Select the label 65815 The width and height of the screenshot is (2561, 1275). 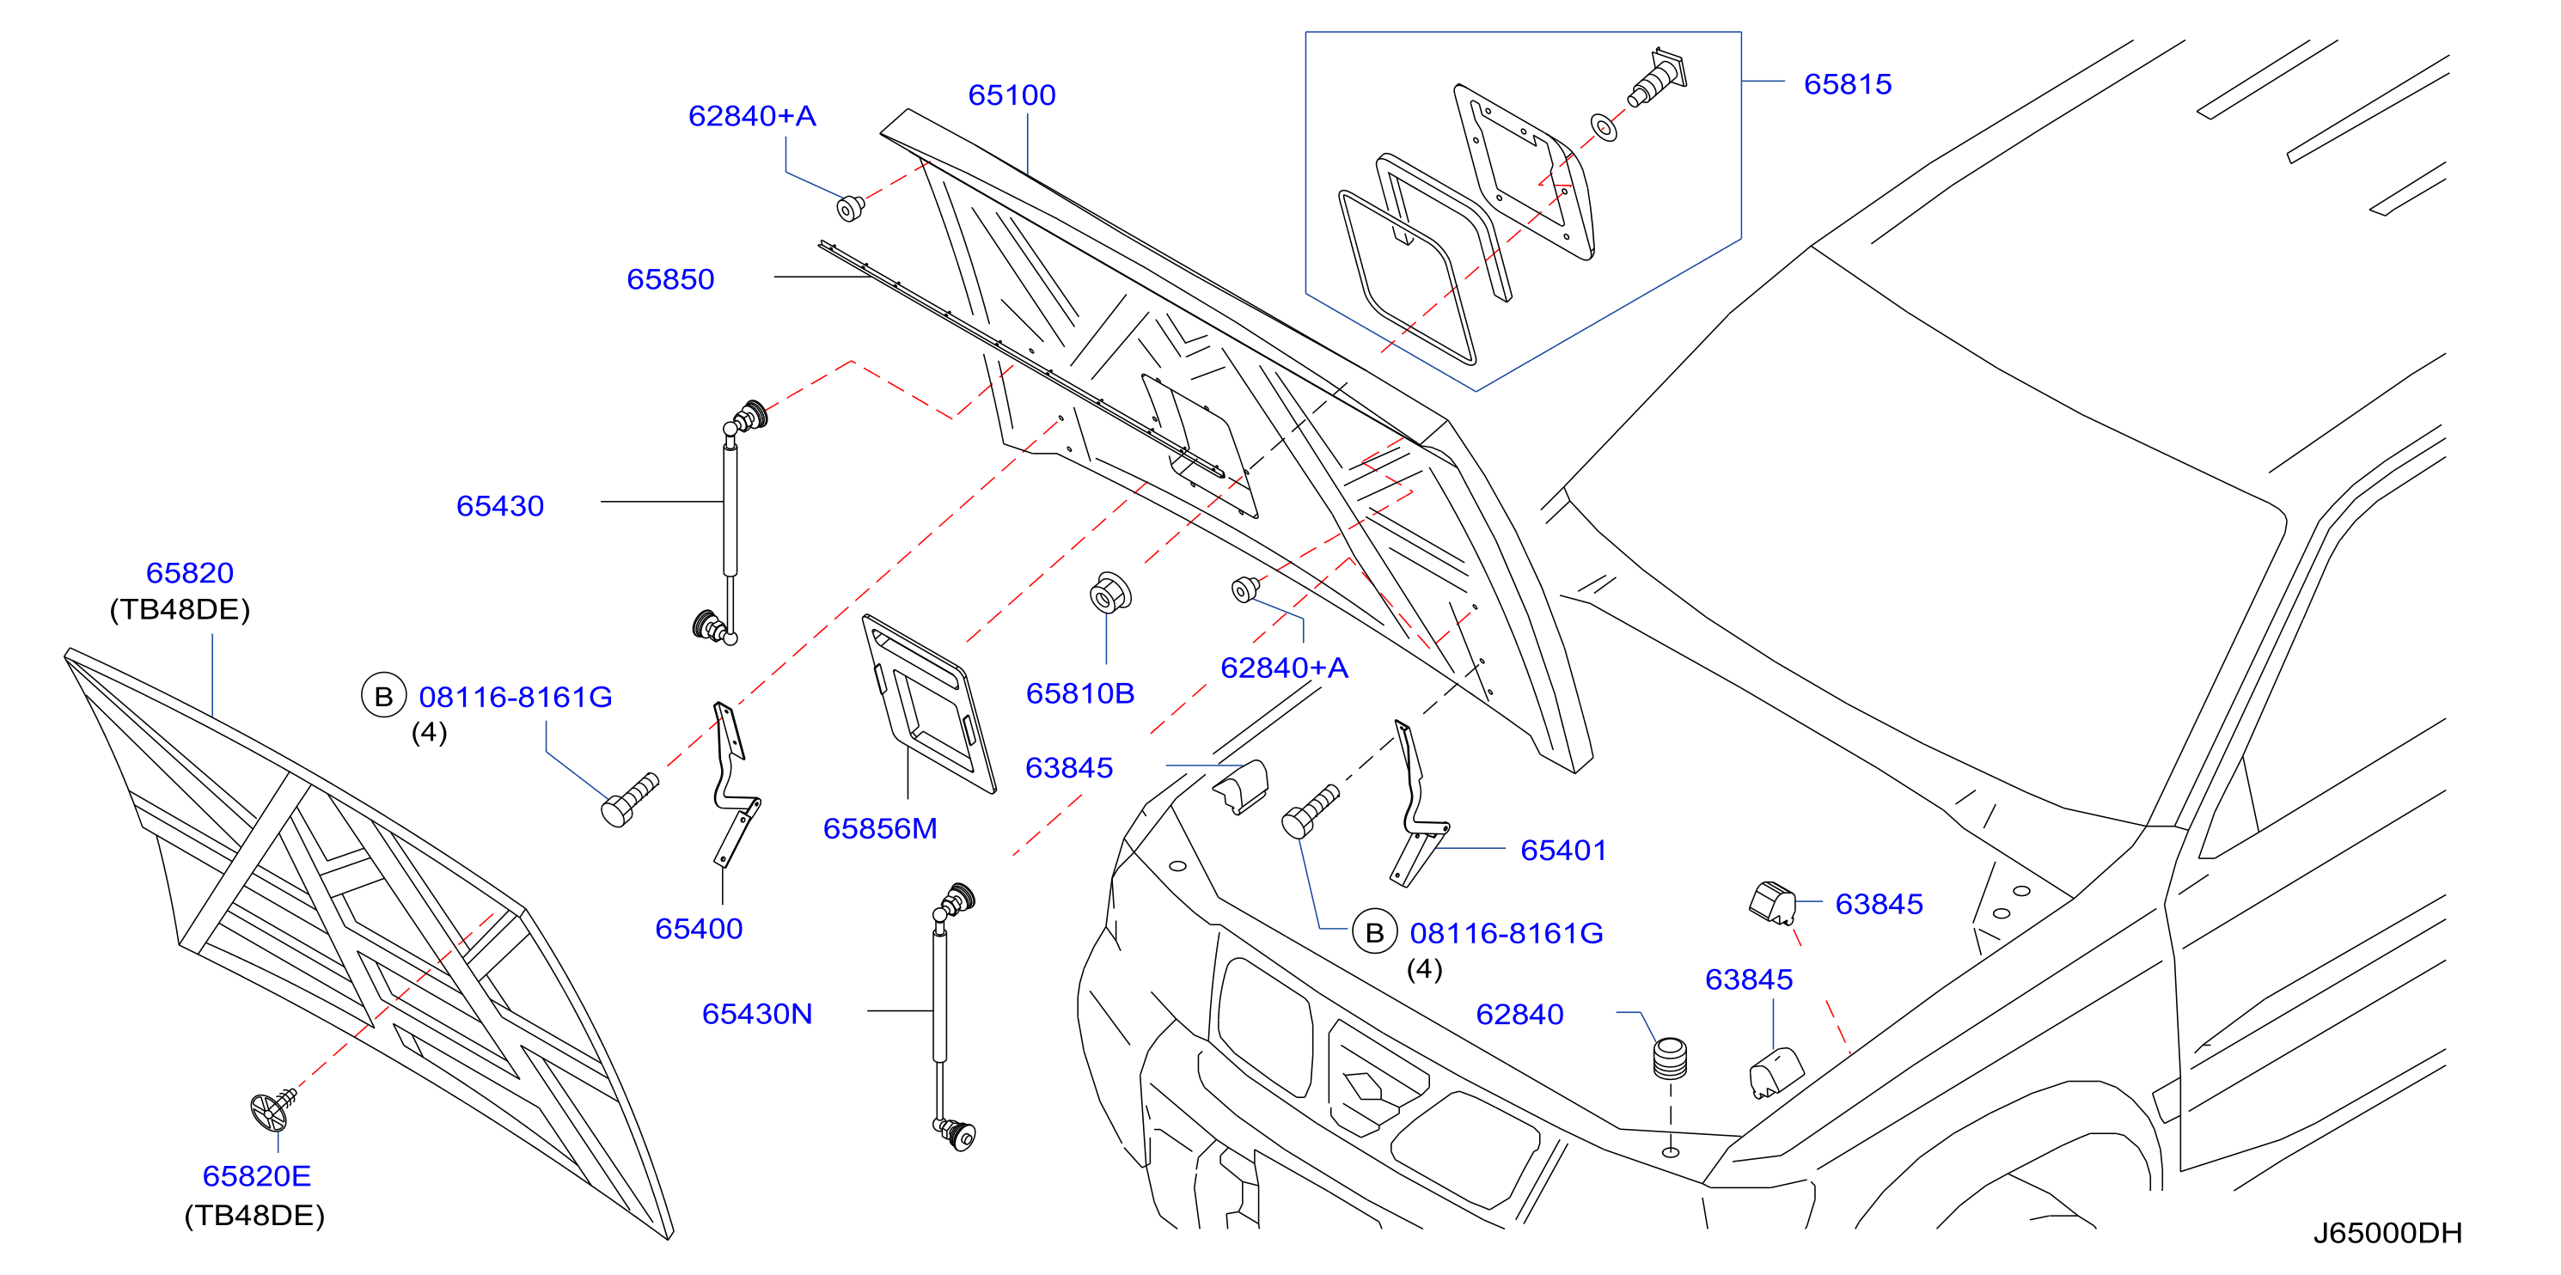[1847, 84]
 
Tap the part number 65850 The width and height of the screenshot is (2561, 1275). [670, 279]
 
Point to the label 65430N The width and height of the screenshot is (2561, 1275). [756, 1014]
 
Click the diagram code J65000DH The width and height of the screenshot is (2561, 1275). [2387, 1233]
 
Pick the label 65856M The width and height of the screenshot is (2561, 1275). [880, 829]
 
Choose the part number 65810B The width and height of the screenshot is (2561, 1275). [1079, 693]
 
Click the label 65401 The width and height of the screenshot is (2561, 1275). [1563, 851]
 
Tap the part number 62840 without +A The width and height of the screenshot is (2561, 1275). [1519, 1015]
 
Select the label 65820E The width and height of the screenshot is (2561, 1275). [256, 1176]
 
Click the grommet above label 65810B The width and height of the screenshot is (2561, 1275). [1109, 594]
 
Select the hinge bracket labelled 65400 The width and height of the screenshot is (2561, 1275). [736, 785]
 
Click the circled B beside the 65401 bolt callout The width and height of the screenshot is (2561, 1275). [1375, 933]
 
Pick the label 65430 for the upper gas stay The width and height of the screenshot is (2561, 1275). [499, 506]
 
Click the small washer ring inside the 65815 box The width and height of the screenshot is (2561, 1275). [1604, 127]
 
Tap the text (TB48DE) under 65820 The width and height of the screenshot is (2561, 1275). [180, 610]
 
